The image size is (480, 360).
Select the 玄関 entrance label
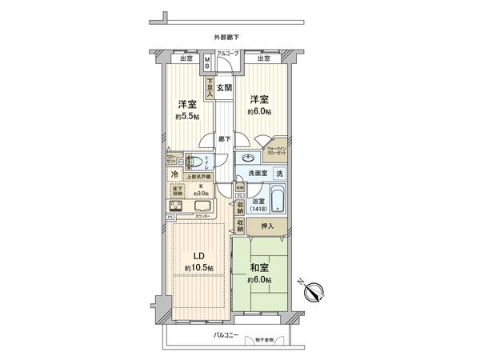224,88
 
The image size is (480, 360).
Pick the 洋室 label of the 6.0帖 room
257,99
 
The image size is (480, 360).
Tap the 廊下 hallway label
225,138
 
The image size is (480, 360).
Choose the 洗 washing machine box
279,174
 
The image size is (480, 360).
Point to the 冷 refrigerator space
174,174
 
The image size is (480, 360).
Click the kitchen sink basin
202,206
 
